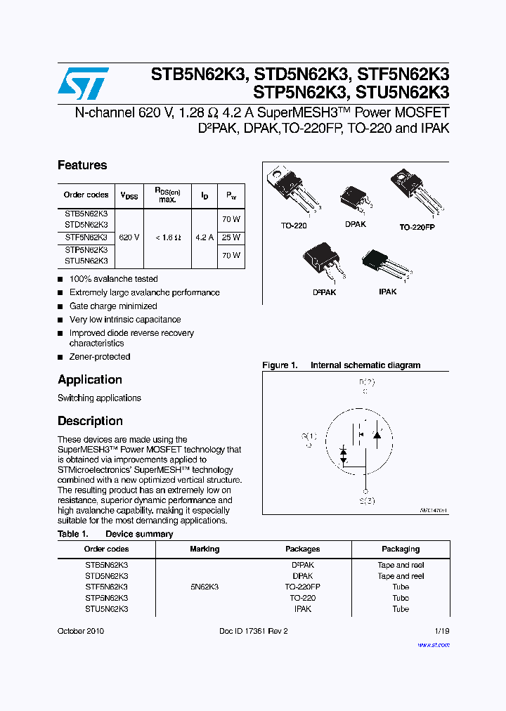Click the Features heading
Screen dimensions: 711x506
click(82, 165)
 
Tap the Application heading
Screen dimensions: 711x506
click(90, 379)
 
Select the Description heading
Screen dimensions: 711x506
click(90, 421)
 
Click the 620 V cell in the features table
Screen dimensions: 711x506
click(129, 237)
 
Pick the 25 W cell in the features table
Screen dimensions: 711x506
click(231, 237)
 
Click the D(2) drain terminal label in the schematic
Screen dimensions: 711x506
click(367, 382)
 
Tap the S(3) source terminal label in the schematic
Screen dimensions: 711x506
click(367, 500)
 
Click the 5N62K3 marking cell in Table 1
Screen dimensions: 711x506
click(205, 587)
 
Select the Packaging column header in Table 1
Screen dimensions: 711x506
click(401, 549)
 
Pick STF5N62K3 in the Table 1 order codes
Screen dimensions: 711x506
click(107, 587)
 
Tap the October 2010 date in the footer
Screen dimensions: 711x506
click(81, 631)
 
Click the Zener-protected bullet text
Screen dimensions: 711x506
click(100, 357)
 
